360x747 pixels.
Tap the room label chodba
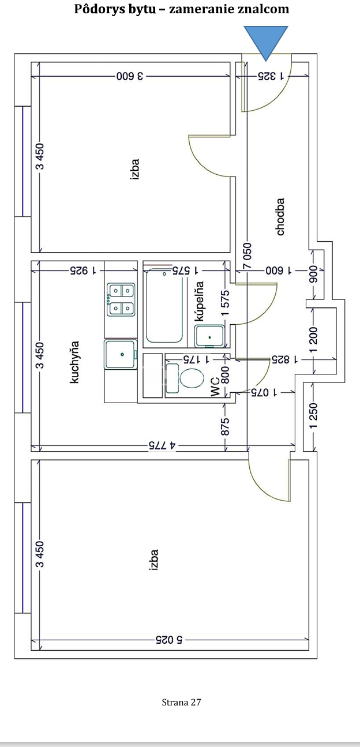280,217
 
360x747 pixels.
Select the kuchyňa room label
74,362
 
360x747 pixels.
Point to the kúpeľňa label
200,301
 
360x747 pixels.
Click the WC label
216,387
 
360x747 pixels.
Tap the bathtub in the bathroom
164,305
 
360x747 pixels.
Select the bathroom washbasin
210,336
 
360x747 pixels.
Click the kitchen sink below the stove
121,354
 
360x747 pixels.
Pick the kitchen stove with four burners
121,299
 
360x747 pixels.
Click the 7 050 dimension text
247,256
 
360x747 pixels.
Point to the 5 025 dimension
169,640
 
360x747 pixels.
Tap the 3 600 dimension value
130,76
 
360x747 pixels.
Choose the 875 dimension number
225,426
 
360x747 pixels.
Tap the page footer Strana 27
181,702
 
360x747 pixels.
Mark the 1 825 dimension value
284,359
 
